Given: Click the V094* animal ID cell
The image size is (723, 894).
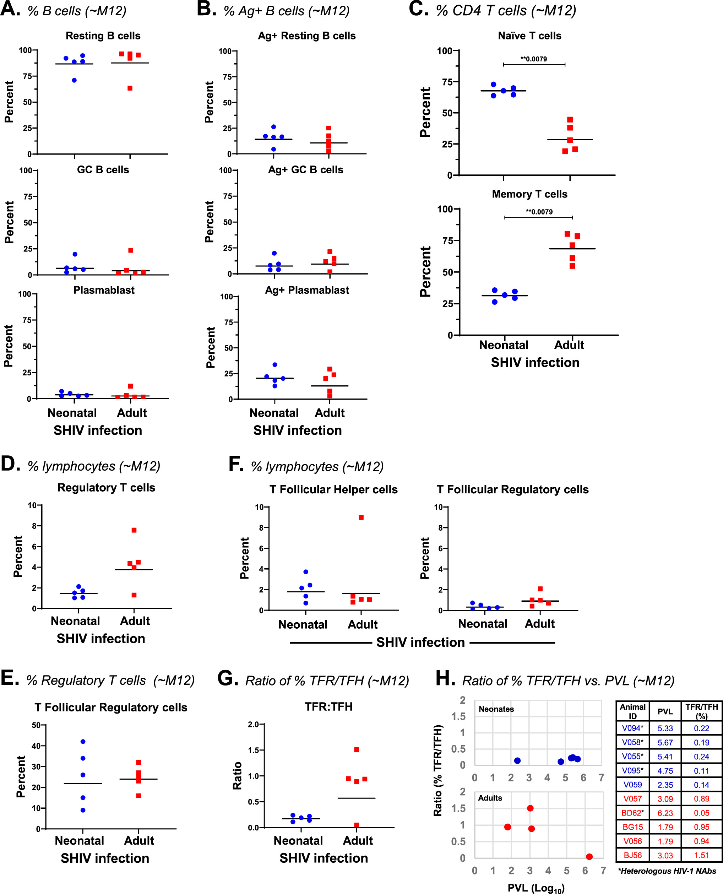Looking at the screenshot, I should (632, 728).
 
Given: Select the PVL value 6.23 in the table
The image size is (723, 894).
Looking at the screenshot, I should (665, 812).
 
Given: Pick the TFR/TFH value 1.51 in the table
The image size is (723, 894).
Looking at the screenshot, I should (701, 855).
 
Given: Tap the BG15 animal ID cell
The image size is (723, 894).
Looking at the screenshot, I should (632, 827).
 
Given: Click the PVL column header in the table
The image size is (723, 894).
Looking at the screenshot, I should (665, 711).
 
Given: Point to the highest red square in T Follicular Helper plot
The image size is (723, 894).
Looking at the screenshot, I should (361, 518).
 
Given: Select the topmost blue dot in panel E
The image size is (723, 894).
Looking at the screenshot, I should (83, 742).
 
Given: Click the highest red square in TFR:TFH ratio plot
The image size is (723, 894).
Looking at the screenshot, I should (357, 749).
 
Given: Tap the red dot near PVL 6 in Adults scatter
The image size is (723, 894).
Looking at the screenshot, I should (589, 856).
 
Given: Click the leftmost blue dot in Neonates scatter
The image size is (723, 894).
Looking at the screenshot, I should (517, 761).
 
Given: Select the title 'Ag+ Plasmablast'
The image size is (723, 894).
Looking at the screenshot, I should (307, 290).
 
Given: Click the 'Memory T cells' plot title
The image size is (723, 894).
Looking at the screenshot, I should (529, 194).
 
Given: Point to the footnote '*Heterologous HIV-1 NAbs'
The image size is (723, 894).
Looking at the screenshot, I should (667, 871).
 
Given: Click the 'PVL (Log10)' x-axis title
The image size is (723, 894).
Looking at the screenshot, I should (536, 888).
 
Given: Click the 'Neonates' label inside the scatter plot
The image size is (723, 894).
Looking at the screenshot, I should (496, 709).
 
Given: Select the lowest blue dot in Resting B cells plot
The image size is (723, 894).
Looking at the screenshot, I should (74, 80).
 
